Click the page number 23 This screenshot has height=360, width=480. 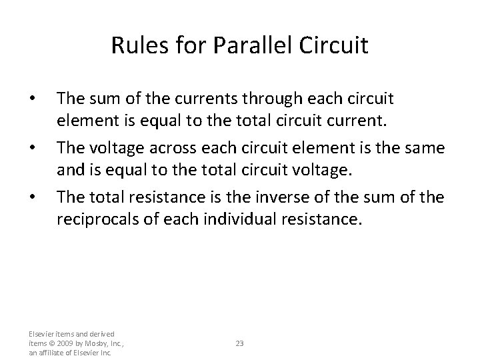click(240, 343)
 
